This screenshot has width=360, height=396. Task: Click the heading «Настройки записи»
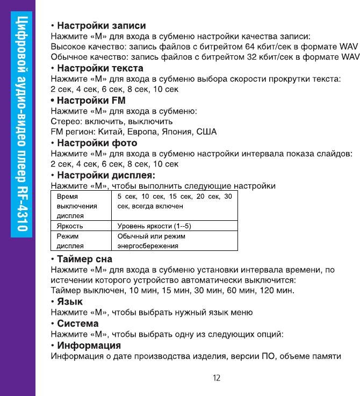101,25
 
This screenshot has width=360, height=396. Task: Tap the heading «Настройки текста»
100,68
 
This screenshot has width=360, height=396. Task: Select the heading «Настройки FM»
91,100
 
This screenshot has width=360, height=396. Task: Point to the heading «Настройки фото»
97,143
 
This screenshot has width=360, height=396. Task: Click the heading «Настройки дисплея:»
106,175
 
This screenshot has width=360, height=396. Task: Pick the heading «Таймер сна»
84,259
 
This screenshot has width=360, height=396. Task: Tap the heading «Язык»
70,301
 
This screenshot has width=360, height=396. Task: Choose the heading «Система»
77,323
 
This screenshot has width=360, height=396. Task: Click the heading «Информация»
89,345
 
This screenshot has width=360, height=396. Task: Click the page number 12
216,378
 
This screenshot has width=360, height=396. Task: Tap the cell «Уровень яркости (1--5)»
155,226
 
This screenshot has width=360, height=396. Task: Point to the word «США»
207,132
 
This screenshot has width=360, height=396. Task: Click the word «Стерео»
63,121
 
